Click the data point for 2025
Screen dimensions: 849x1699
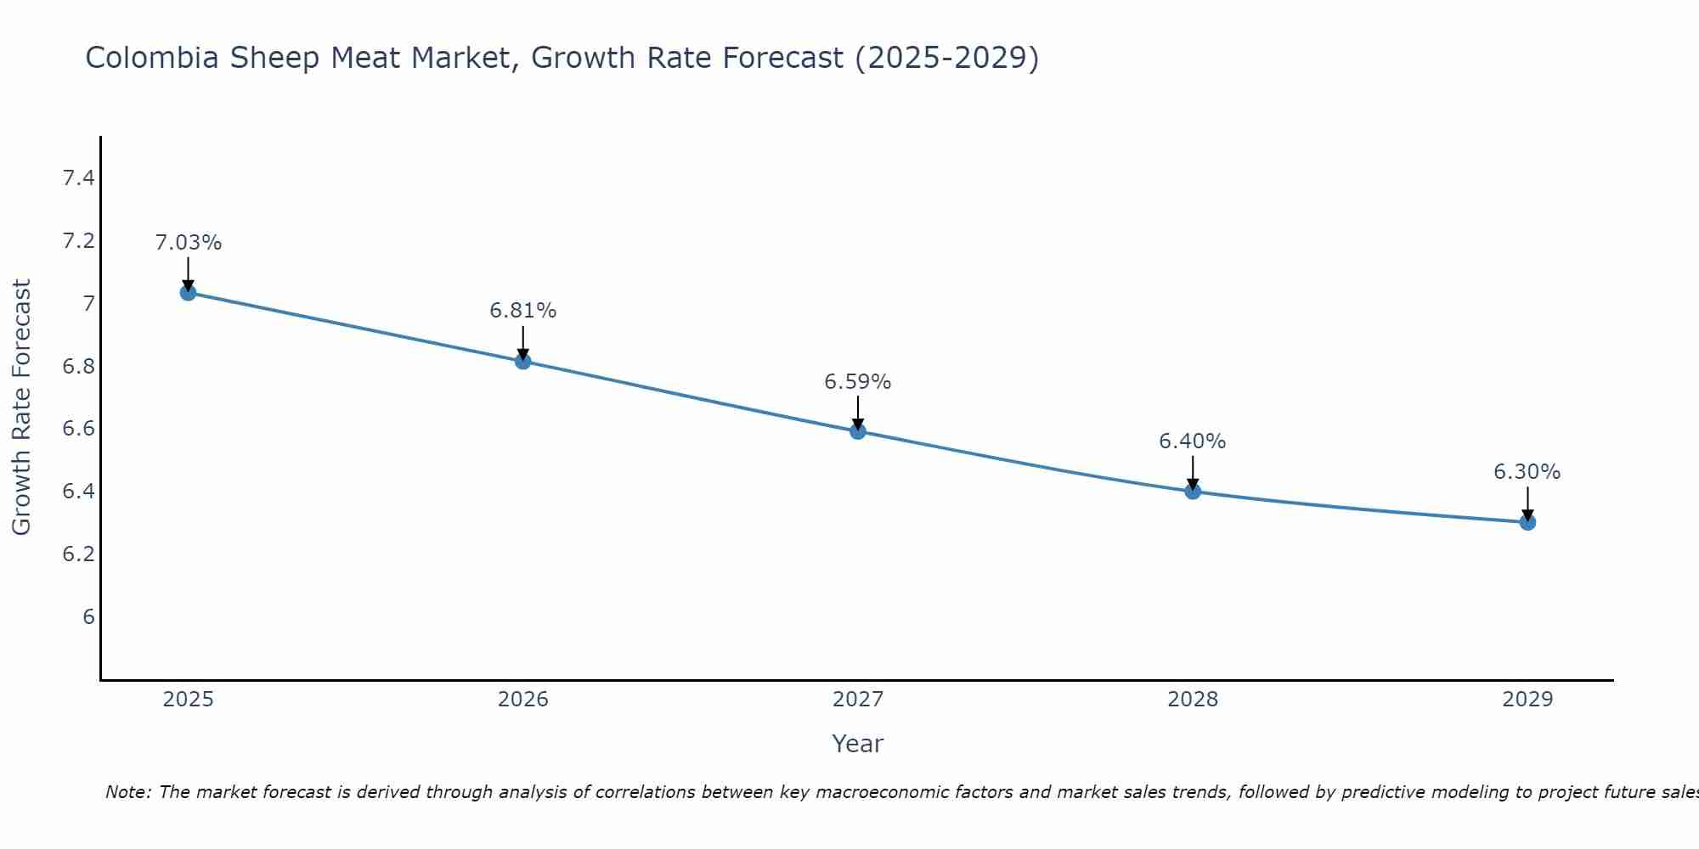pyautogui.click(x=188, y=293)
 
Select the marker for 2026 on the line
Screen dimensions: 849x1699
pyautogui.click(x=522, y=362)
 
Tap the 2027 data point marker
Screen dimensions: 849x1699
pyautogui.click(x=857, y=431)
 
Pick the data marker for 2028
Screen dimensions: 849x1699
pyautogui.click(x=1192, y=491)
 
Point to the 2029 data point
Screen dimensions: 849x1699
pyautogui.click(x=1527, y=522)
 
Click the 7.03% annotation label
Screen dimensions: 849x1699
pyautogui.click(x=188, y=243)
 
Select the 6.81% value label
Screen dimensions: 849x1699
pyautogui.click(x=522, y=311)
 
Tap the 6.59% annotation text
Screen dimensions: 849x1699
pyautogui.click(x=857, y=382)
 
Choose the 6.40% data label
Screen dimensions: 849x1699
pyautogui.click(x=1192, y=441)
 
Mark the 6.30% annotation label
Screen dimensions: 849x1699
pyautogui.click(x=1527, y=472)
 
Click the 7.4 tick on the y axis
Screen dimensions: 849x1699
pyautogui.click(x=78, y=178)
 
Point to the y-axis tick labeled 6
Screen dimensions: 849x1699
pyautogui.click(x=88, y=617)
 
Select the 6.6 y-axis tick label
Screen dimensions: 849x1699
pyautogui.click(x=78, y=429)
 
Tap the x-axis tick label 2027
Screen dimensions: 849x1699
pyautogui.click(x=857, y=700)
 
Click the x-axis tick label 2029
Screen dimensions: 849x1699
pyautogui.click(x=1527, y=700)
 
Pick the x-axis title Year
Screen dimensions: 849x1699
pyautogui.click(x=857, y=744)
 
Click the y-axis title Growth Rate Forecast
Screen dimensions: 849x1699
pyautogui.click(x=21, y=408)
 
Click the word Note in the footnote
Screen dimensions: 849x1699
pyautogui.click(x=127, y=792)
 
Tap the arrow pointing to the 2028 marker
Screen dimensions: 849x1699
pyautogui.click(x=1192, y=473)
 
